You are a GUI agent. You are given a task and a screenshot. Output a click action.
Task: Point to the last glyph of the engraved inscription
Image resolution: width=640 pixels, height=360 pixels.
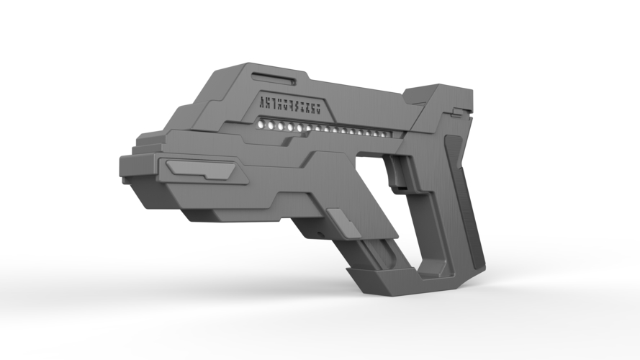tap(316, 109)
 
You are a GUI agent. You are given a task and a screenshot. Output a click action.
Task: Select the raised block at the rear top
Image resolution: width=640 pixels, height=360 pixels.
tap(439, 101)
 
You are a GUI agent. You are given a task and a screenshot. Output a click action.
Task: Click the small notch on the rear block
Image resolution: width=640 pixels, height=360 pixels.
tap(456, 112)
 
